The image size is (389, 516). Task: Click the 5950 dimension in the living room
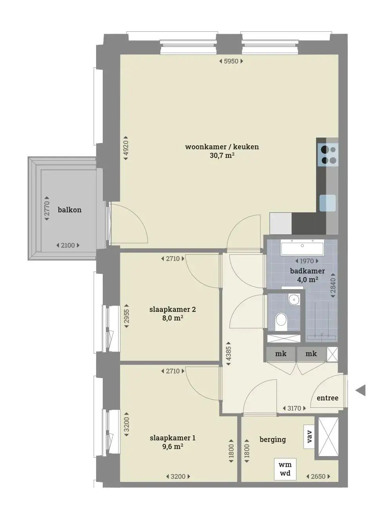pos(231,62)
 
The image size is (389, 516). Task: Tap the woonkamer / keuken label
pos(222,147)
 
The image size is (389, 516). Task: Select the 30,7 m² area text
pos(222,156)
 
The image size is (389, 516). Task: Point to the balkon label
pos(70,210)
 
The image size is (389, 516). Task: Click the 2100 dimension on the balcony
pos(68,245)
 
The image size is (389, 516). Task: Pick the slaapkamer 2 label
pos(173,310)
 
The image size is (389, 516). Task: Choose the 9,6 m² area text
pos(173,446)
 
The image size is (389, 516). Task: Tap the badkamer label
pos(307,271)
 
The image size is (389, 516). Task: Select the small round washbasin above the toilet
pos(294,299)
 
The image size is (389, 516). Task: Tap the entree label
pos(327,398)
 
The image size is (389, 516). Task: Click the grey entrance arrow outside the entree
pos(360,391)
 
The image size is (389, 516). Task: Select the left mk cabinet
pos(281,353)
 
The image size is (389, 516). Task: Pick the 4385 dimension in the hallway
pos(228,354)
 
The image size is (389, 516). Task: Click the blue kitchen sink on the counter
pos(327,203)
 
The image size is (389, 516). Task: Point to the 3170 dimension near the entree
pos(294,408)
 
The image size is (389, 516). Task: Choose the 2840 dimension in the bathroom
pos(333,286)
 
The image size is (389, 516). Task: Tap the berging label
pos(273,439)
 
